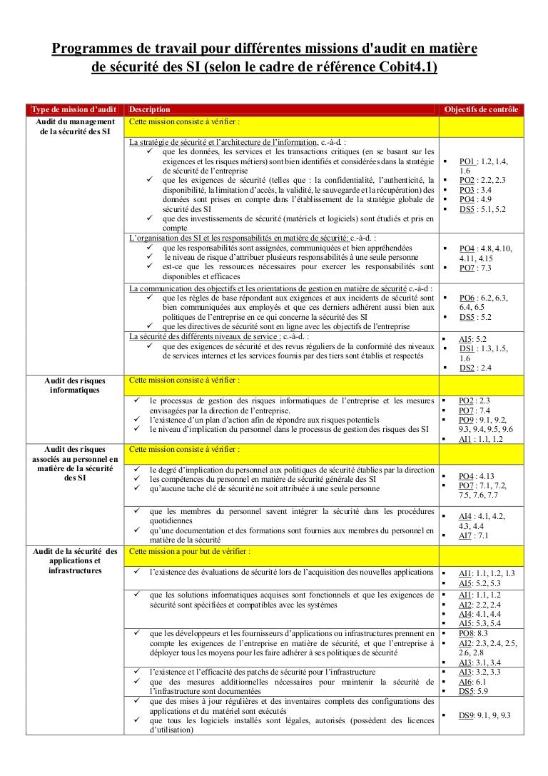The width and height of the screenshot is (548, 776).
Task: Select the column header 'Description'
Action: point(150,109)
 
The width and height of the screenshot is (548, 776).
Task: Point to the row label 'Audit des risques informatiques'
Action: point(73,385)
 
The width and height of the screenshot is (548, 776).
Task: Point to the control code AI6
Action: point(466,682)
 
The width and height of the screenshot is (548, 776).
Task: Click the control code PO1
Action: point(467,162)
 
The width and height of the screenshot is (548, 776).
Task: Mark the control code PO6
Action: point(467,297)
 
